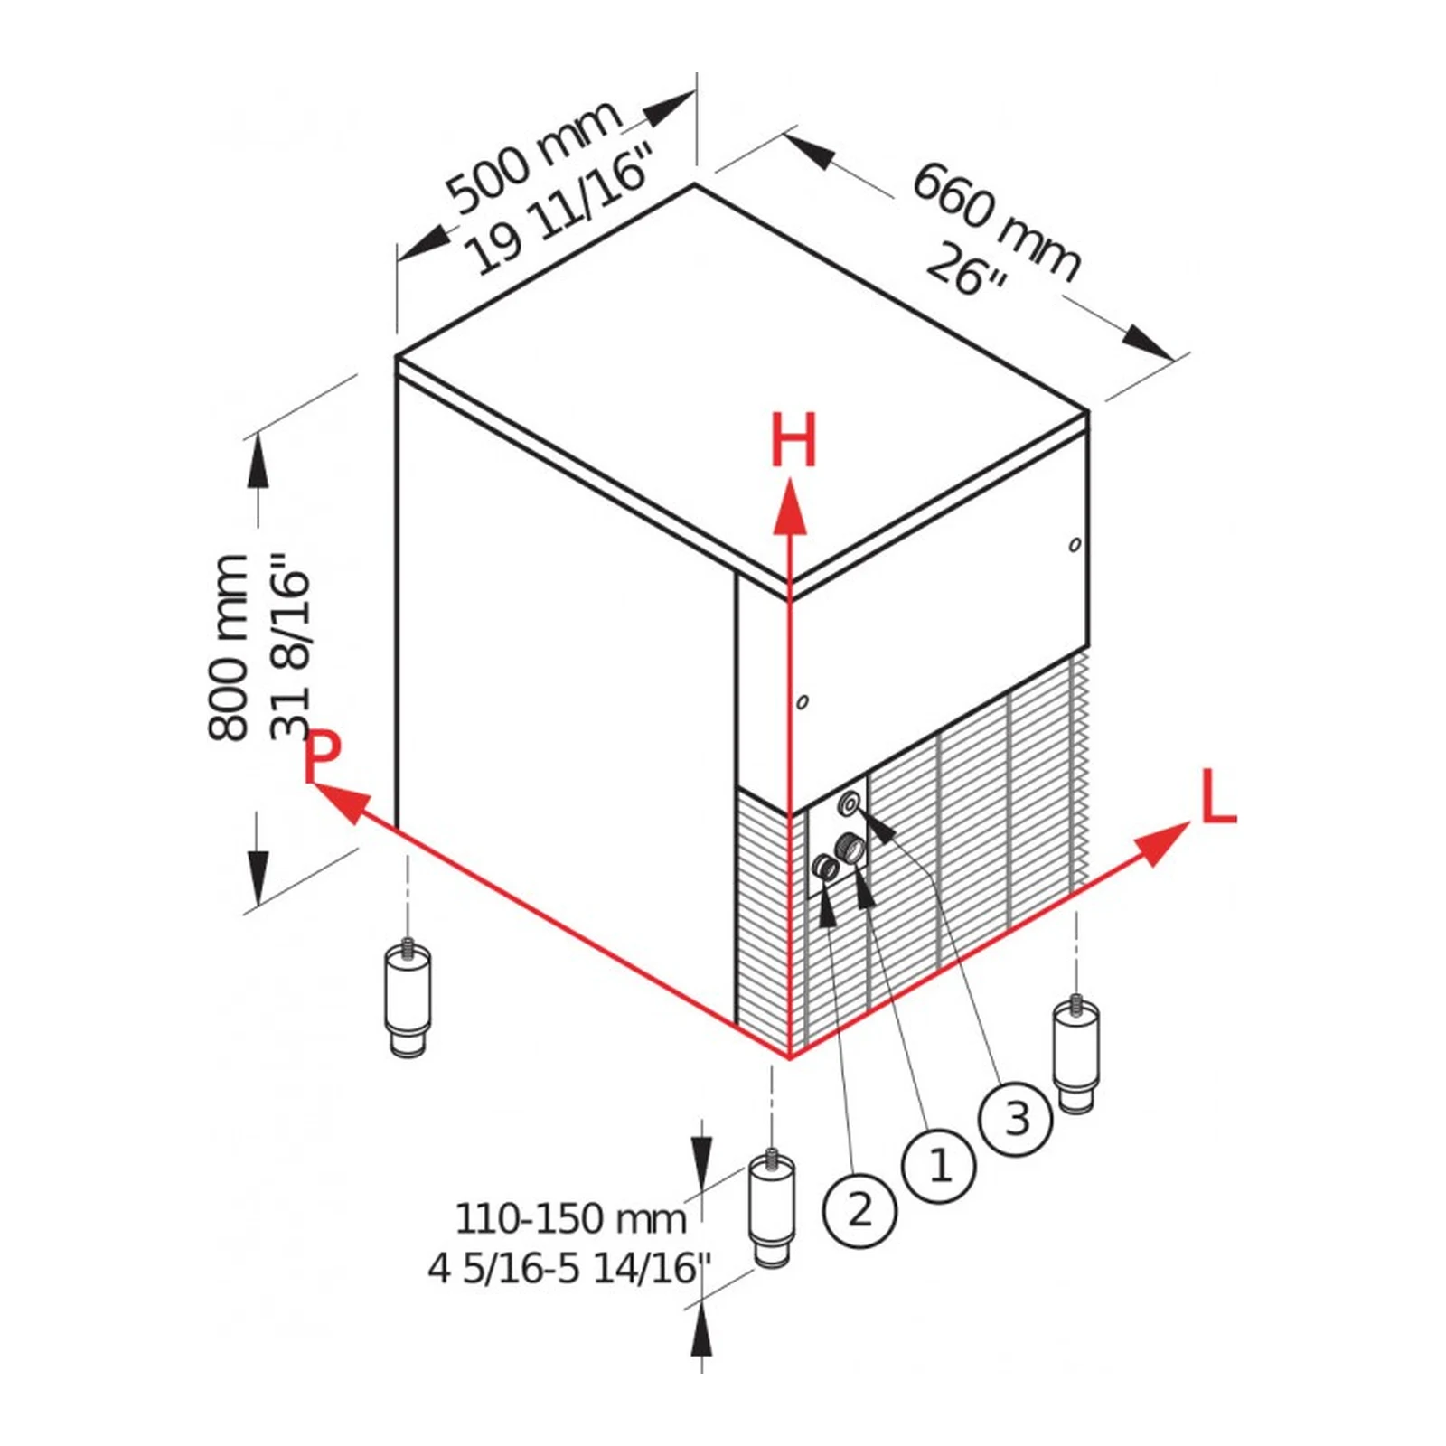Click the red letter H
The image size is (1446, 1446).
click(x=793, y=440)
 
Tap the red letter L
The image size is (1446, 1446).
click(x=1217, y=796)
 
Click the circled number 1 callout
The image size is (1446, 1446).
click(x=939, y=1166)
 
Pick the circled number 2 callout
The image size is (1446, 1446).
click(x=859, y=1210)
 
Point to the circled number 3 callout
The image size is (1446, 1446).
click(x=1017, y=1119)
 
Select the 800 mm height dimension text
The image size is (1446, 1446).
click(x=228, y=648)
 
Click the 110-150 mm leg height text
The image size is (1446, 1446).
click(x=570, y=1218)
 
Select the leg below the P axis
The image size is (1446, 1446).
click(x=408, y=999)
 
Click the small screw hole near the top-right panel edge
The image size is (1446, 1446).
click(x=1075, y=544)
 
